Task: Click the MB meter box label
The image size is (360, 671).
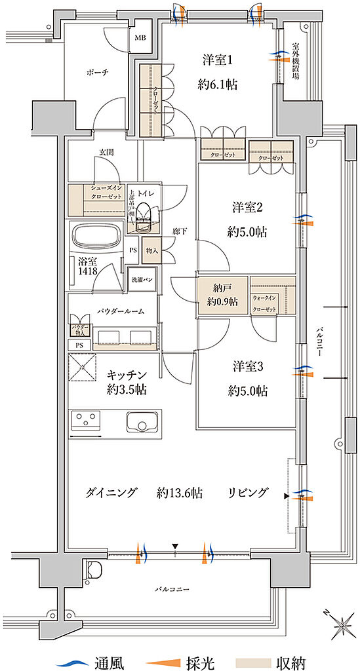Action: click(x=141, y=38)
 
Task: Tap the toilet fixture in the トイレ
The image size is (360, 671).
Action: click(x=149, y=216)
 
